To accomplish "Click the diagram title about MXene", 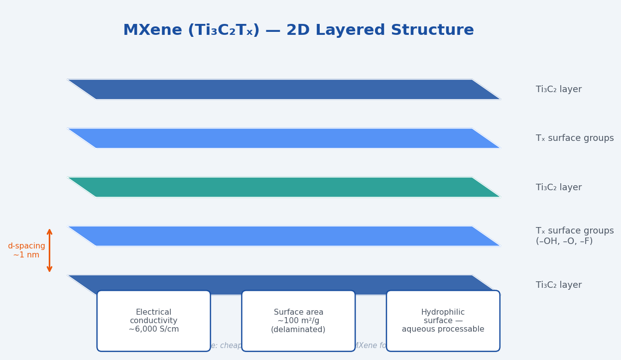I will (x=298, y=30).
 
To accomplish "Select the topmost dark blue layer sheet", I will (x=284, y=90).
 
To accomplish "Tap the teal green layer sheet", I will (x=284, y=187).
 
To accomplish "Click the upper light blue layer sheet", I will (x=284, y=138).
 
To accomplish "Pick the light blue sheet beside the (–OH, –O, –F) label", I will (x=284, y=236).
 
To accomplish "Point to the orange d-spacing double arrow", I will (x=49, y=250).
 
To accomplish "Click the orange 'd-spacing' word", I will (x=26, y=246).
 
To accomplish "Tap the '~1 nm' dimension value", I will (x=26, y=255).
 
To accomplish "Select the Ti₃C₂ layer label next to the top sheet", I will (x=558, y=90).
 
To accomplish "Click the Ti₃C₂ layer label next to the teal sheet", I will (x=558, y=188).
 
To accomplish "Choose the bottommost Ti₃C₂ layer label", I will (x=558, y=285).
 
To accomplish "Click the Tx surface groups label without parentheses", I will (x=574, y=138).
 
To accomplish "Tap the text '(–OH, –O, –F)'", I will (x=564, y=241).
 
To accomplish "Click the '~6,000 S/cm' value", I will (x=153, y=329).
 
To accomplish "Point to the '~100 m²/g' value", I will (x=298, y=321).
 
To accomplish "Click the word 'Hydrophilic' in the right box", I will (x=443, y=312).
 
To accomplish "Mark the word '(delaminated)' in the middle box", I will (x=298, y=329).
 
